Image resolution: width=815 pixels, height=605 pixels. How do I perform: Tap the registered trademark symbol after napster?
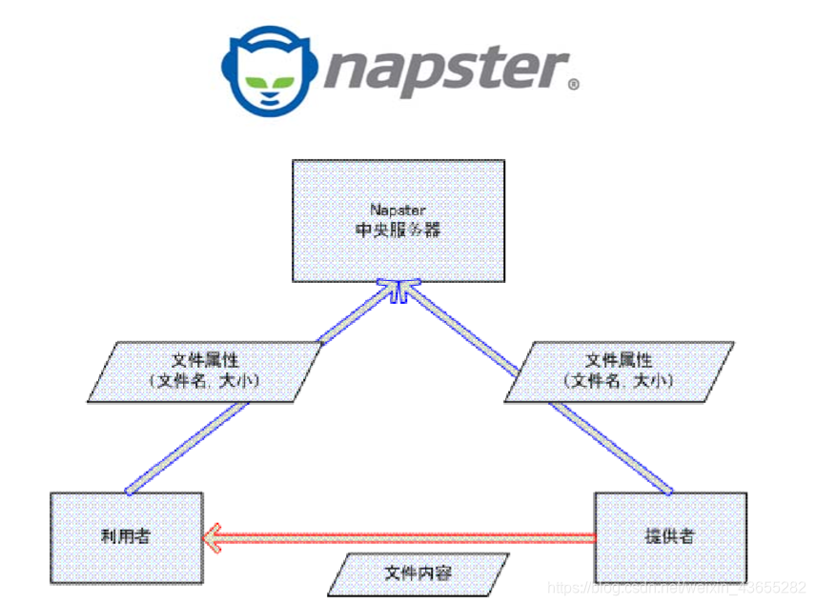[573, 85]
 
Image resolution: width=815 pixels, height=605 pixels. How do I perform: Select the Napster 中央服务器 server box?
[398, 220]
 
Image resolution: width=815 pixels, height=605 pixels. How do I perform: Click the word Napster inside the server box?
[398, 209]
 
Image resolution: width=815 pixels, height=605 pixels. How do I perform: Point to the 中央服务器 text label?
[398, 230]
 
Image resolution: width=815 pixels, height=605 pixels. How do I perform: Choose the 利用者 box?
[126, 536]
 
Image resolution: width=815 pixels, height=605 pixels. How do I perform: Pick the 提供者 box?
[670, 536]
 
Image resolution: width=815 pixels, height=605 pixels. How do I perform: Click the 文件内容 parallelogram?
[418, 574]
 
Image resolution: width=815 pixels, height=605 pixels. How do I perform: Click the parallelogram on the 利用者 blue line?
[206, 371]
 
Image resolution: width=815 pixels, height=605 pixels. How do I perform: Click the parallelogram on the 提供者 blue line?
[619, 371]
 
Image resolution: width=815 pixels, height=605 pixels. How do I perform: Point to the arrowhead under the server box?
[398, 290]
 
